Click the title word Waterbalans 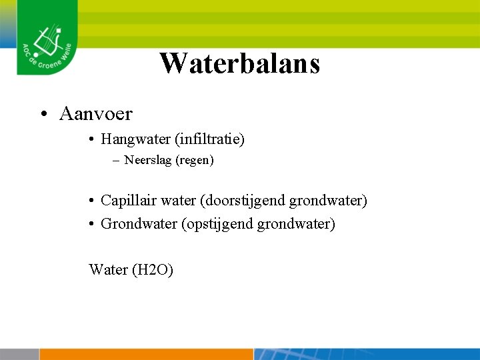pyautogui.click(x=240, y=63)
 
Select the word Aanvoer pyautogui.click(x=95, y=114)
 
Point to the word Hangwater pyautogui.click(x=135, y=139)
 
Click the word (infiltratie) pyautogui.click(x=209, y=139)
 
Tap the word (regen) pyautogui.click(x=195, y=161)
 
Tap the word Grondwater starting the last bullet pyautogui.click(x=139, y=224)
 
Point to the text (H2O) pyautogui.click(x=153, y=269)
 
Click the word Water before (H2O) pyautogui.click(x=109, y=269)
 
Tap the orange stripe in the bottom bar pyautogui.click(x=147, y=354)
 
